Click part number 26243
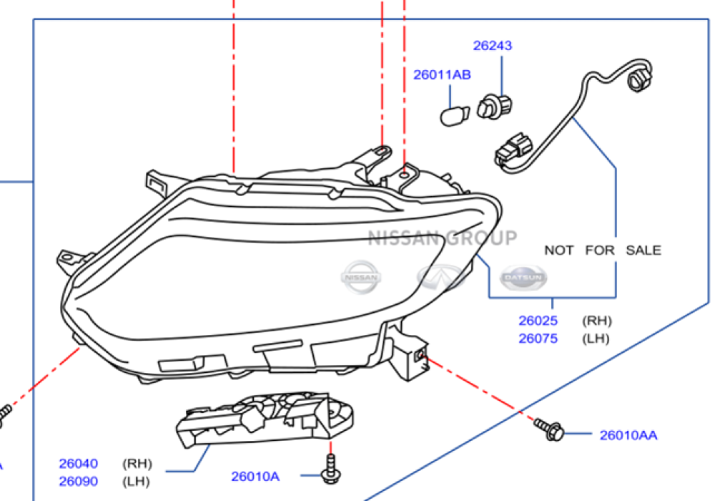493,46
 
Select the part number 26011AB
442,74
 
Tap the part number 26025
538,321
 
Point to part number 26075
538,339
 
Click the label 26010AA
628,434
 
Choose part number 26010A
255,476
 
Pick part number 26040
79,464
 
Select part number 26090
79,482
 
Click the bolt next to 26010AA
550,429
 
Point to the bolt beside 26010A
330,470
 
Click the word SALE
643,250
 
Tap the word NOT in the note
560,250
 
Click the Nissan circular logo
362,276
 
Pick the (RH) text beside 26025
597,321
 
